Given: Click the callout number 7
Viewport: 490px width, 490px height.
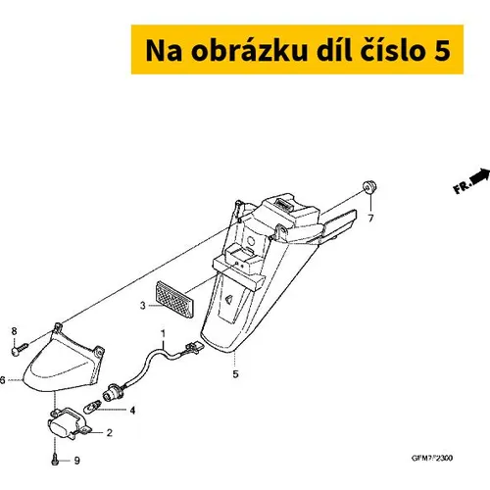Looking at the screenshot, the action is (370, 219).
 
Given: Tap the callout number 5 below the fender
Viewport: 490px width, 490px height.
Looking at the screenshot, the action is (235, 374).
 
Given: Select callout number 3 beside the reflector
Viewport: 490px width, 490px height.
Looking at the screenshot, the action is (143, 306).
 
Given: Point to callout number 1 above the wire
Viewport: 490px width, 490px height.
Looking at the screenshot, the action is (163, 334).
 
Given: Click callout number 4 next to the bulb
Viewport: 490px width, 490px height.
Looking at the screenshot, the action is (132, 411).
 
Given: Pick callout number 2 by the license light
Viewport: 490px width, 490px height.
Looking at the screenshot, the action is (110, 433).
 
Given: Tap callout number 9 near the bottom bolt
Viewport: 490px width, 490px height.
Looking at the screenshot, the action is (77, 461).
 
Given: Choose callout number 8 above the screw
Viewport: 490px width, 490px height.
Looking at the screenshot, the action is (14, 331).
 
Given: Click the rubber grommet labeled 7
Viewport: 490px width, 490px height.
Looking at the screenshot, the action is (370, 186).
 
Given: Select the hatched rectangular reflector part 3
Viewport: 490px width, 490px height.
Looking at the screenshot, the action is (173, 299).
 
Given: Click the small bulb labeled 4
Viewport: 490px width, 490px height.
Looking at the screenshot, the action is (91, 407).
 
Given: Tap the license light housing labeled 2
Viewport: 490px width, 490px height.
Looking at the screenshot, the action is (69, 422).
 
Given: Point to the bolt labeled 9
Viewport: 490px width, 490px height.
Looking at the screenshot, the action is (55, 461).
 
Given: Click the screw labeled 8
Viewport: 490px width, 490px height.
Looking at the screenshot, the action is (20, 349).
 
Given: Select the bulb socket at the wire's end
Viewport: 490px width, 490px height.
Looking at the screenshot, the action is (111, 393).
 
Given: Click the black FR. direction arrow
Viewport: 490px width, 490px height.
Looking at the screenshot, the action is (480, 176).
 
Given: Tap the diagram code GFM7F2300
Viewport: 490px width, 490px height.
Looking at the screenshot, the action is (432, 458).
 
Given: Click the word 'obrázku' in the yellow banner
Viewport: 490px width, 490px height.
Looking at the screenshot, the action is (249, 50).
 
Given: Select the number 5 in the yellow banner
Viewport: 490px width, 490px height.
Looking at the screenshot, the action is (442, 51).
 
